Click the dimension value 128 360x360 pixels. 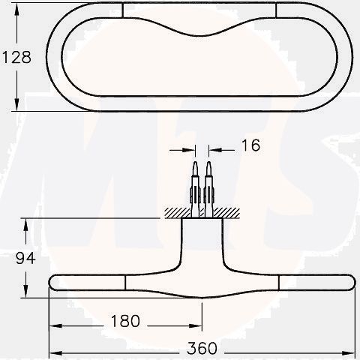(x=16, y=58)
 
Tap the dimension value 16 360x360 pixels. (x=251, y=145)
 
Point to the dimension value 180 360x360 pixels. (x=124, y=321)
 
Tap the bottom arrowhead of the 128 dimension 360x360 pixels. (x=16, y=106)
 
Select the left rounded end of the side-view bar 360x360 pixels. (x=55, y=283)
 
